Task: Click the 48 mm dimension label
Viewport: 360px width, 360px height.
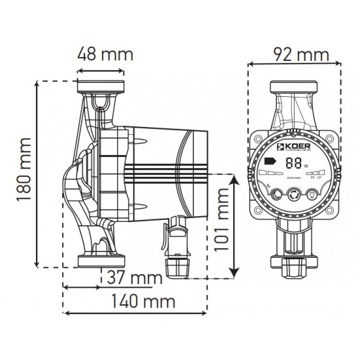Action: (x=101, y=53)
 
